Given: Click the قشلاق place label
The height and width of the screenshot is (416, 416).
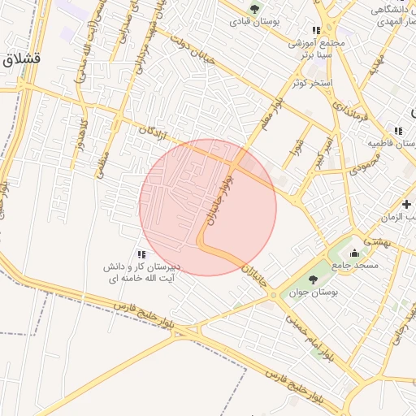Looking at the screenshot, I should click(x=21, y=59).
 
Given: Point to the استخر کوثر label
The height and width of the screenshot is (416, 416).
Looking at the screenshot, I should click(x=310, y=84).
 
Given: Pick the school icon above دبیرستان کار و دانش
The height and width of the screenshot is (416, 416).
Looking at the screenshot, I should click(x=141, y=254).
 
